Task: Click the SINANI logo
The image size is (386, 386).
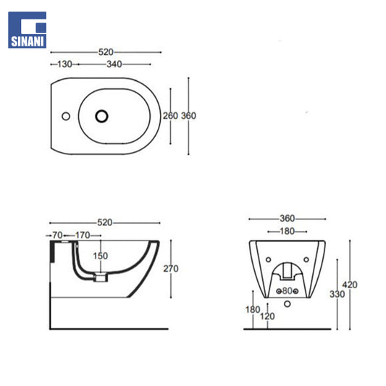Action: coord(27,30)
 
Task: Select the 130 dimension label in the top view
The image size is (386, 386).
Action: coord(64,64)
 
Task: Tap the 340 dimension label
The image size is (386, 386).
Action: coord(114,64)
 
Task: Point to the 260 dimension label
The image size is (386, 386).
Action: coord(170,116)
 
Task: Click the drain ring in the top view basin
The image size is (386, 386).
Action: coord(101,116)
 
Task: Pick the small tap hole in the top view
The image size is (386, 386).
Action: coord(66,116)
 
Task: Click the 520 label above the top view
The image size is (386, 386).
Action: coord(106,52)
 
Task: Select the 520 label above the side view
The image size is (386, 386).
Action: coord(105,223)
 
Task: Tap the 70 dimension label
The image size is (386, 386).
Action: coord(57,235)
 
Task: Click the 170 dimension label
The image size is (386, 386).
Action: coord(83,235)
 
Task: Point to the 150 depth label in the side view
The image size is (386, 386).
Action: coord(101,256)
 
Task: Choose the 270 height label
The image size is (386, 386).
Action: coord(171,269)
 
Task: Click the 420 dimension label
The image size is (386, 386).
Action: coord(350,285)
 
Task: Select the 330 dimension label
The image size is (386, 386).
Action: coord(337,294)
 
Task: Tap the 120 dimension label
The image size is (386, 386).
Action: coord(267,316)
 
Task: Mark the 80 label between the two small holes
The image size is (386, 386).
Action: coord(288,291)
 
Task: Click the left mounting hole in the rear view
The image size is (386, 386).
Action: coord(269,259)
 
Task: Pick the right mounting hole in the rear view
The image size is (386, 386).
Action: coord(306,259)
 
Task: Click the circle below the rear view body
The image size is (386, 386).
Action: coord(288,303)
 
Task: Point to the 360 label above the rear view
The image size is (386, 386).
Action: coord(288,219)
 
